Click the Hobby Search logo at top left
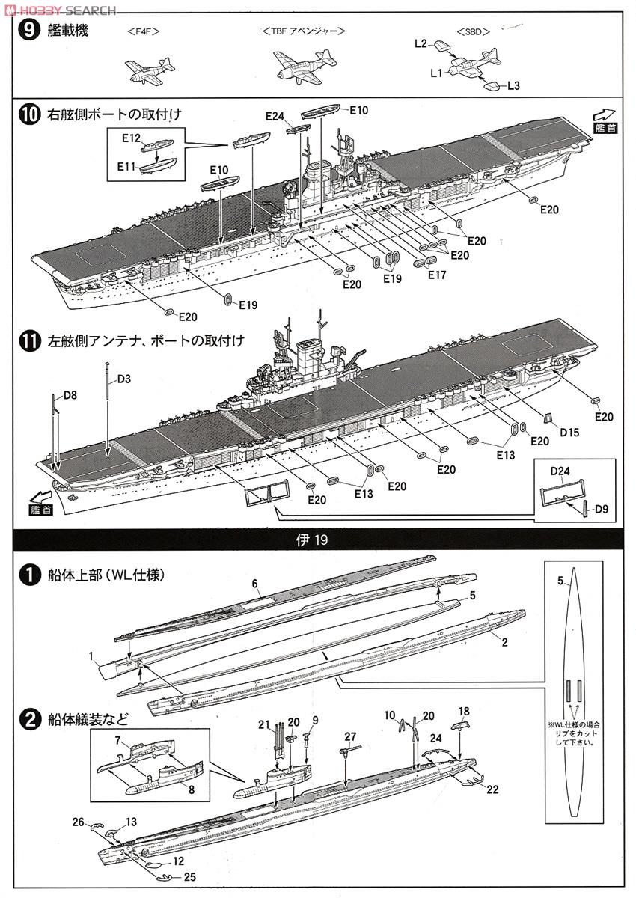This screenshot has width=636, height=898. pyautogui.click(x=60, y=10)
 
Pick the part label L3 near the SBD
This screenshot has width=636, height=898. pyautogui.click(x=513, y=86)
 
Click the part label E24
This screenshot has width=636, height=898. pyautogui.click(x=275, y=116)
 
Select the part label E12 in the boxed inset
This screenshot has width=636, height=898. pyautogui.click(x=131, y=138)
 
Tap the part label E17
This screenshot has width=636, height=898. pyautogui.click(x=436, y=275)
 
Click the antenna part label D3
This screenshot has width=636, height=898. pyautogui.click(x=123, y=379)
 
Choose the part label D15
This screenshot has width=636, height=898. pyautogui.click(x=569, y=432)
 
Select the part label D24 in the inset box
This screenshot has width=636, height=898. pyautogui.click(x=560, y=471)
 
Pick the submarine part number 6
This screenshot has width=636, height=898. pyautogui.click(x=254, y=583)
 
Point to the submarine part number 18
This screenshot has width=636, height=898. pyautogui.click(x=464, y=711)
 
